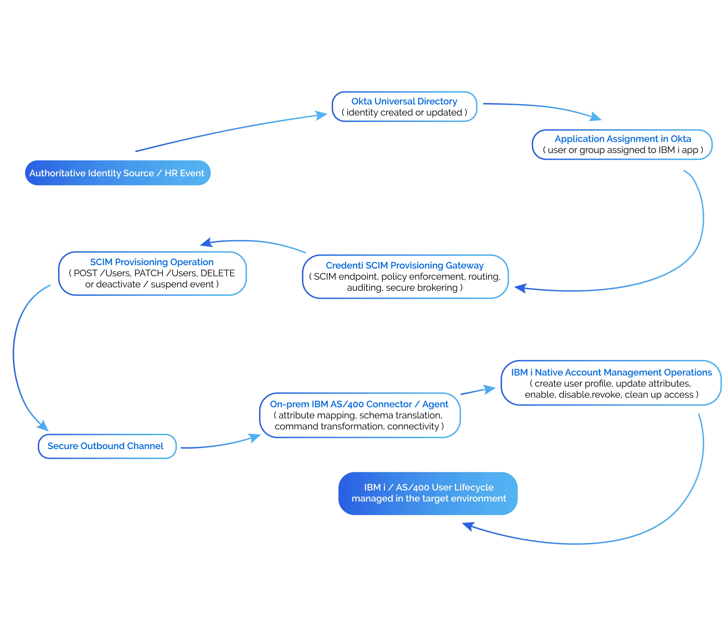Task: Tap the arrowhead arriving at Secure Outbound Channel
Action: coord(43,426)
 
